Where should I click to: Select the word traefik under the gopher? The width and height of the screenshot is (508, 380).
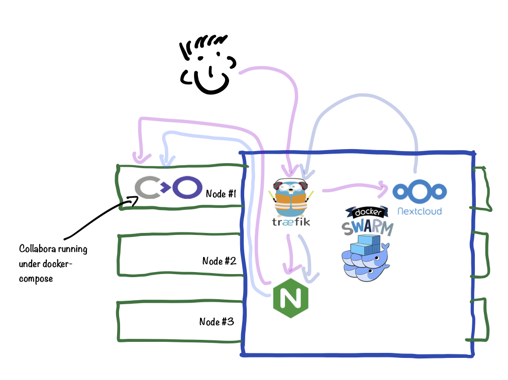(291, 221)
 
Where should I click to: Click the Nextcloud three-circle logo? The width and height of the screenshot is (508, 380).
(420, 192)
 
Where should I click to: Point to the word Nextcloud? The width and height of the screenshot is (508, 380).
(420, 211)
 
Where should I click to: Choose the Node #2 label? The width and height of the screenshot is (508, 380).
(219, 261)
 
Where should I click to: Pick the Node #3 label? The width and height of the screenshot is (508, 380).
(217, 322)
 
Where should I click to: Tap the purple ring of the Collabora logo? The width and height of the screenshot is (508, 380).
(187, 187)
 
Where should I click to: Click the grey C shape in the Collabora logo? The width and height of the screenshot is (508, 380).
(147, 188)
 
